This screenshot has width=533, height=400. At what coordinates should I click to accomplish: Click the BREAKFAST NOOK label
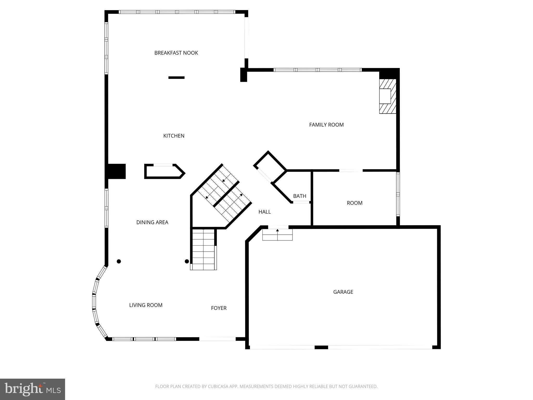point(176,53)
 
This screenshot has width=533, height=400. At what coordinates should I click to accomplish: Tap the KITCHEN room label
point(174,136)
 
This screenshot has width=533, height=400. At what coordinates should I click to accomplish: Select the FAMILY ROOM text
point(326,125)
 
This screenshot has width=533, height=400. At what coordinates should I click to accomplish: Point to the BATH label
point(300,196)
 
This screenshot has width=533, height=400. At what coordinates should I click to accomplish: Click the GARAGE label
point(343,292)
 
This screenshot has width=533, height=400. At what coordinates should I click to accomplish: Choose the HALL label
point(264,212)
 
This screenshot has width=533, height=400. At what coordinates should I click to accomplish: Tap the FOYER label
point(219,308)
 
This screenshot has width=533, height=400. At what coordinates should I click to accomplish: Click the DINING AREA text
point(152,222)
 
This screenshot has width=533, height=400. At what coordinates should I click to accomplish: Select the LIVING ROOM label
point(146,305)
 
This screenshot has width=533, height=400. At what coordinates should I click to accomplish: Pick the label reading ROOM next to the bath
point(354,203)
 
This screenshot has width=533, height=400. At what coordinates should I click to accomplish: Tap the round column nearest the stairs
point(187,261)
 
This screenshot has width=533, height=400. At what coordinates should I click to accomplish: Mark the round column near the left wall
point(119,261)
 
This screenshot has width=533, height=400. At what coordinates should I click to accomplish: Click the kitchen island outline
point(164,171)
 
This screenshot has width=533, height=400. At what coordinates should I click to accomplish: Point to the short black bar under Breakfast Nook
point(176,78)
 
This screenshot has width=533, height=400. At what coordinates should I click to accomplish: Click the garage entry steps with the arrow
point(277,234)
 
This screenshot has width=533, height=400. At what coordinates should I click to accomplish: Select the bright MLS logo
point(33,389)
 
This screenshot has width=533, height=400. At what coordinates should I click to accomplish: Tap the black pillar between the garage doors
point(321,347)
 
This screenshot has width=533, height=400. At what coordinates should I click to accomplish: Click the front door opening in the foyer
point(218,339)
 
